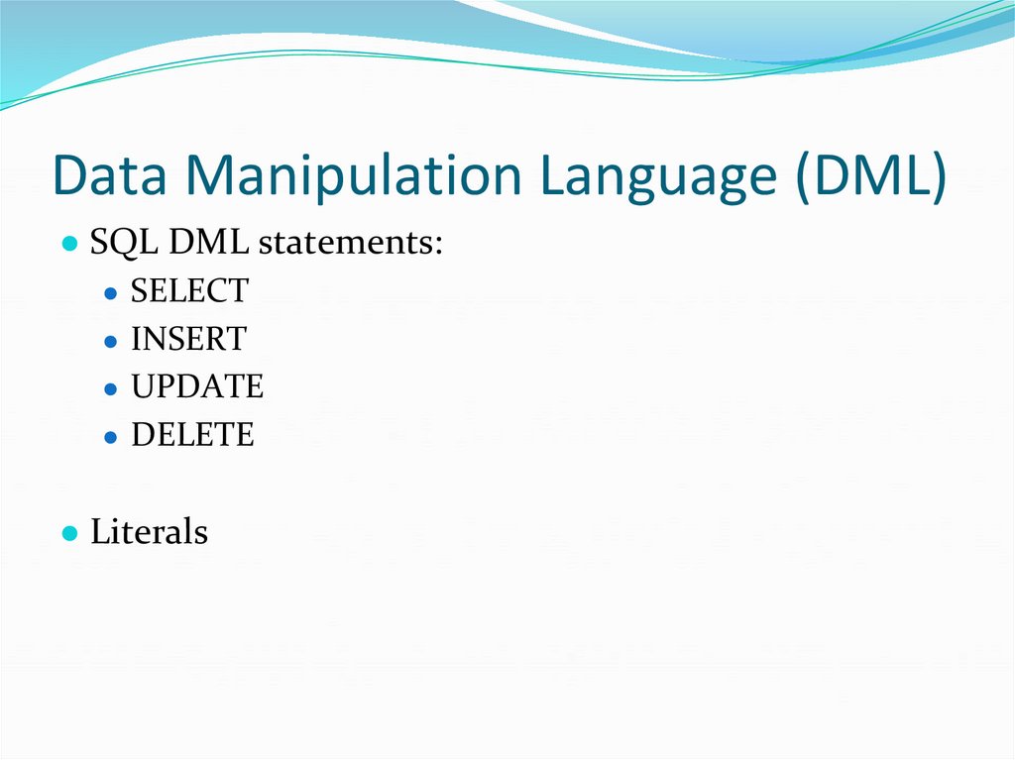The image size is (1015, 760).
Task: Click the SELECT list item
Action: pyautogui.click(x=189, y=291)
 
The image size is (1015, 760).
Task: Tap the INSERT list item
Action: pyautogui.click(x=187, y=339)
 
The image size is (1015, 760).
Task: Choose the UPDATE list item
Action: pyautogui.click(x=197, y=386)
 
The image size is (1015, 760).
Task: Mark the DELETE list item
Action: pyautogui.click(x=192, y=434)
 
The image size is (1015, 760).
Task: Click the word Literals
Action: pyautogui.click(x=149, y=532)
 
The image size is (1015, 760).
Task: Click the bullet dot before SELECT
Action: pyautogui.click(x=111, y=293)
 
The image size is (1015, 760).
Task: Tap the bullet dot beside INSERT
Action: pyautogui.click(x=111, y=341)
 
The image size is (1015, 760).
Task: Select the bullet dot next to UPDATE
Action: pyautogui.click(x=111, y=388)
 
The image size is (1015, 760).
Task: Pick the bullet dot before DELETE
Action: pyautogui.click(x=111, y=436)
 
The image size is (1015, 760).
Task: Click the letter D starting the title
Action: pyautogui.click(x=70, y=175)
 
